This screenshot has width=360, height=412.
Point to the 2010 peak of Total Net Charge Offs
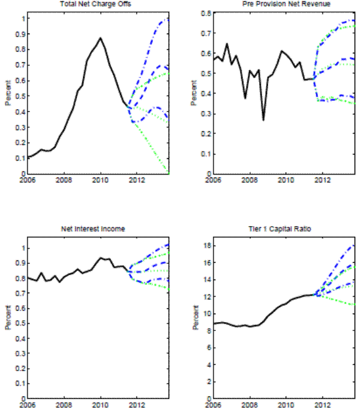[x=101, y=38]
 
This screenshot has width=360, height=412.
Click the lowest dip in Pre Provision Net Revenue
[x=263, y=120]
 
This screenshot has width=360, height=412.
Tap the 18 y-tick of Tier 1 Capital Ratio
[x=203, y=245]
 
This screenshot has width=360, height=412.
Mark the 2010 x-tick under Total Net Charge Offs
[x=100, y=179]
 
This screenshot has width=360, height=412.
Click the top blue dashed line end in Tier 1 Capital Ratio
[x=355, y=245]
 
